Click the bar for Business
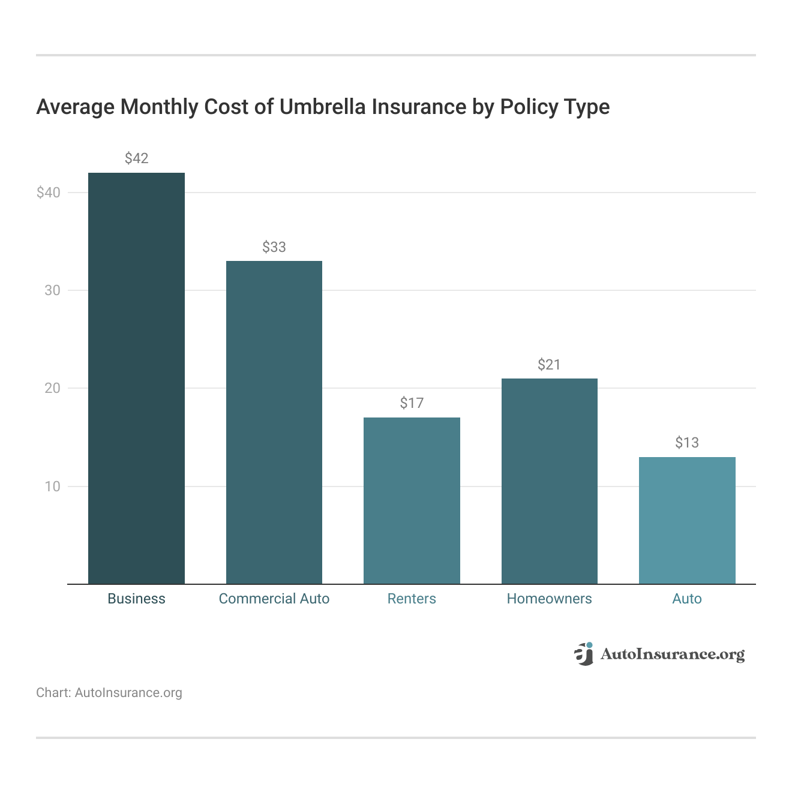(136, 378)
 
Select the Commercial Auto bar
(274, 422)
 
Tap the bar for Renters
(412, 500)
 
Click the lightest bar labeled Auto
(687, 520)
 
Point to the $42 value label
(136, 158)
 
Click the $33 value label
(274, 247)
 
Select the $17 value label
(412, 403)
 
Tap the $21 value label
(549, 365)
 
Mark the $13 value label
(687, 443)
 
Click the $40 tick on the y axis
(49, 193)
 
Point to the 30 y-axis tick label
(52, 290)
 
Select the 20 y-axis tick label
(52, 388)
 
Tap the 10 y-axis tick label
(52, 486)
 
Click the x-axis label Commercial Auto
(274, 599)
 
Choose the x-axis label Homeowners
(549, 599)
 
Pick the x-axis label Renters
(412, 599)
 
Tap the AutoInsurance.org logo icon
(583, 654)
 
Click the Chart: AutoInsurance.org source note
(109, 693)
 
